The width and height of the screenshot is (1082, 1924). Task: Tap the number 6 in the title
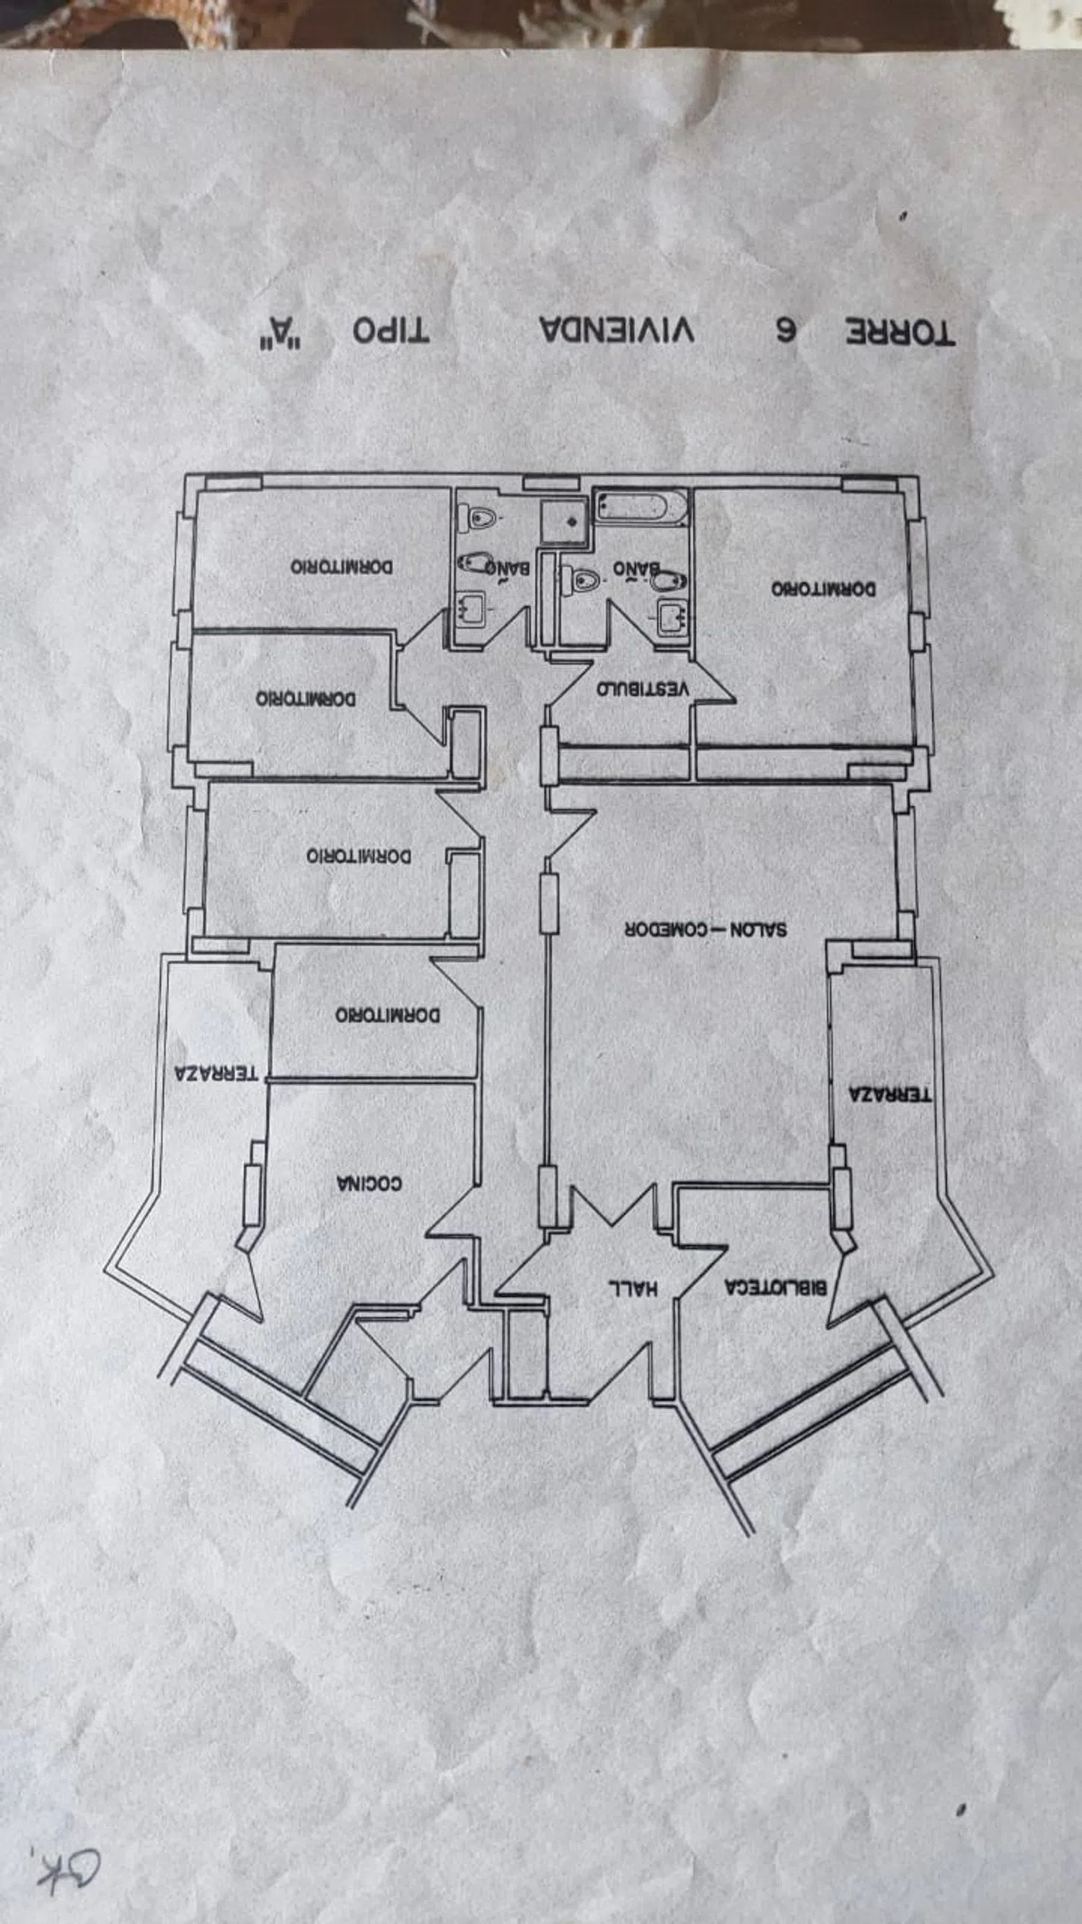click(785, 330)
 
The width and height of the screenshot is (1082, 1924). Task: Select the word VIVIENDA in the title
click(617, 330)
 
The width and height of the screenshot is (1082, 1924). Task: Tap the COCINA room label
click(369, 1183)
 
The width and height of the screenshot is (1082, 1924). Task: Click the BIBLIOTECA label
click(775, 1287)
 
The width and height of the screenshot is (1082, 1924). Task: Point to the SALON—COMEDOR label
click(705, 930)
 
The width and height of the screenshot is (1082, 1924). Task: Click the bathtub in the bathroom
click(641, 507)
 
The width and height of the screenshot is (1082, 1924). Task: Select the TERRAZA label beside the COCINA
click(216, 1073)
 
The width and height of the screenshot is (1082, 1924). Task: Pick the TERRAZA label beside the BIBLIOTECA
click(890, 1095)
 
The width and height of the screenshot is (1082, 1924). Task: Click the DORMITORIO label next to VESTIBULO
click(824, 589)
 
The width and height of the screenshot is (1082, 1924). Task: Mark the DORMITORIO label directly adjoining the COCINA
click(387, 1015)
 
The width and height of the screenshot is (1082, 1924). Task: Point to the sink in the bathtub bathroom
click(672, 617)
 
